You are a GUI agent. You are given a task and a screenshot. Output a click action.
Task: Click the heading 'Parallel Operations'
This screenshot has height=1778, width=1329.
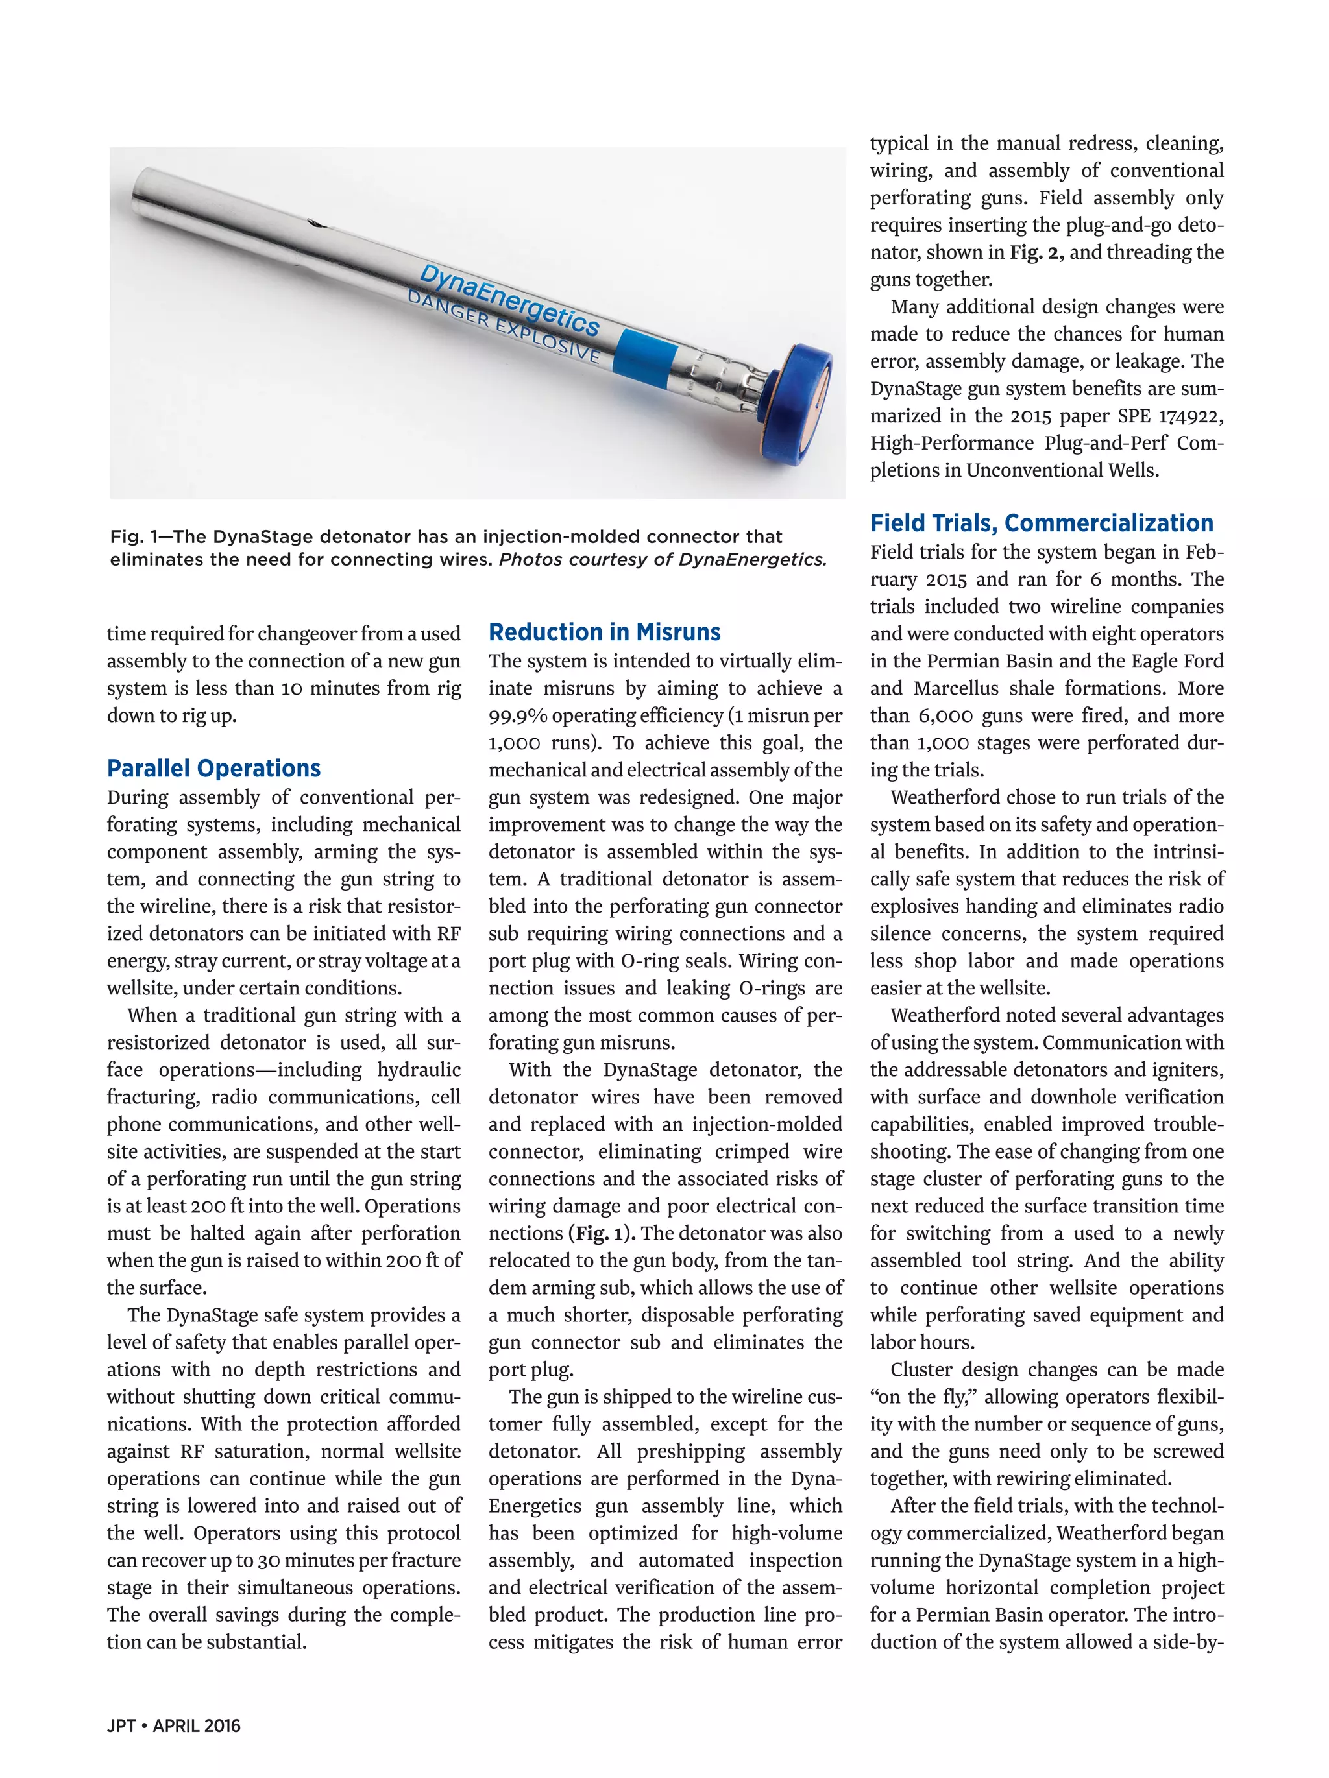click(x=214, y=769)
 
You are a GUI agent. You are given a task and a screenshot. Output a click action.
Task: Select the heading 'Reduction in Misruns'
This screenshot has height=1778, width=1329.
click(x=605, y=632)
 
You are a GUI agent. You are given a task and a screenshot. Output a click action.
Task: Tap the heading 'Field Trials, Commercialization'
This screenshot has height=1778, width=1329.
click(x=1041, y=523)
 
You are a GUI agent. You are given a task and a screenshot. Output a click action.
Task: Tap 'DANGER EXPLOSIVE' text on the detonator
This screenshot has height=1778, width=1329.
click(x=504, y=326)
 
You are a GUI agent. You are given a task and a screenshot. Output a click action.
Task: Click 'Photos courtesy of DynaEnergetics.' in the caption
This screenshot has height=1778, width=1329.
click(x=663, y=559)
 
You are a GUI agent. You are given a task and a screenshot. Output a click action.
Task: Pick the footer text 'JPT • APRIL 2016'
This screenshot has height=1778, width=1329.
click(x=174, y=1725)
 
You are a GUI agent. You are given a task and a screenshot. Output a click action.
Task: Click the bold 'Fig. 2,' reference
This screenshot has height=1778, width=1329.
click(x=1036, y=252)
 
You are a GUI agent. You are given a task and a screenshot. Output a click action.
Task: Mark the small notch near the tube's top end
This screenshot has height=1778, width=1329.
click(x=316, y=223)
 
